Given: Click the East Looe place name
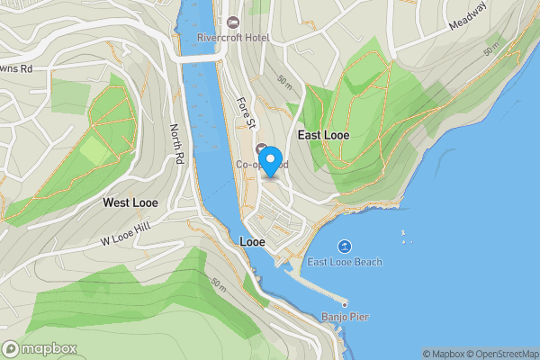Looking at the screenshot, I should (323, 135).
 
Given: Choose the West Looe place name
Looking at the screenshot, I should (130, 203).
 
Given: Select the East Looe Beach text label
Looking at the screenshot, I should (345, 262).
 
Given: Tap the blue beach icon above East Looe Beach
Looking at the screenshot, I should (344, 246).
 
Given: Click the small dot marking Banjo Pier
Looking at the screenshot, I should (343, 303).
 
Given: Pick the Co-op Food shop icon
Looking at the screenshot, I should (262, 148).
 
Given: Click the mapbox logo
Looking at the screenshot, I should (40, 349).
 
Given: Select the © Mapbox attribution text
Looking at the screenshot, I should (441, 354).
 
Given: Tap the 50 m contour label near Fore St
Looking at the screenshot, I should (284, 84).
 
